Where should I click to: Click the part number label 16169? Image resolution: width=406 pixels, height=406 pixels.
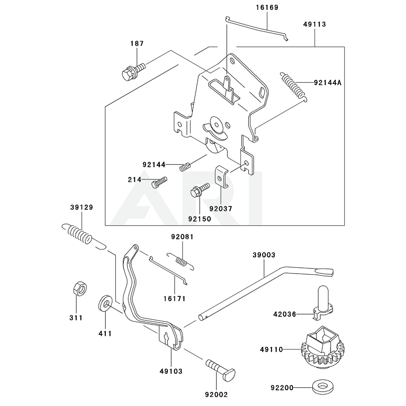(x=267, y=7)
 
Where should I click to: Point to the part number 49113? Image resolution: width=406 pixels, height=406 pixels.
(x=314, y=24)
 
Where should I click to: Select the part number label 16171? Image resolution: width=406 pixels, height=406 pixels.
(x=175, y=298)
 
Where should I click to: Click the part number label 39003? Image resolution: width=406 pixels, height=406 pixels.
(x=264, y=255)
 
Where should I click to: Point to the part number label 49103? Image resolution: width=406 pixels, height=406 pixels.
(x=171, y=371)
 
